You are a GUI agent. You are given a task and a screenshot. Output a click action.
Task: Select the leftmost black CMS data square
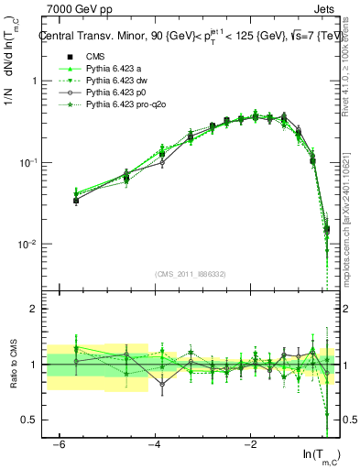(76, 200)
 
